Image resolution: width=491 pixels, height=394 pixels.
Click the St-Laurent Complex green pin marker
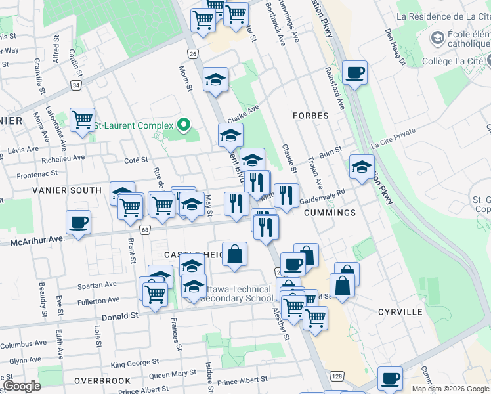tap(184, 125)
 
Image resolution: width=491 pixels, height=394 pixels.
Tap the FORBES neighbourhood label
tap(311, 116)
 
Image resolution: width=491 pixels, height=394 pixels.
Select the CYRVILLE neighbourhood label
tap(400, 311)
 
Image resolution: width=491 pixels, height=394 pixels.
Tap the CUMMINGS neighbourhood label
tap(330, 213)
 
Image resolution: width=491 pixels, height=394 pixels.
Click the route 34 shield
tap(77, 85)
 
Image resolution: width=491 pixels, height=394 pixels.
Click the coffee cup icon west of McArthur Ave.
tap(78, 222)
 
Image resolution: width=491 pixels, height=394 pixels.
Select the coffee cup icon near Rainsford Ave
tap(355, 72)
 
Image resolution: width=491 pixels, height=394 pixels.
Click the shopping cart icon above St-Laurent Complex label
tap(82, 120)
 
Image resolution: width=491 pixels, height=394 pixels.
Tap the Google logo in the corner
tap(22, 387)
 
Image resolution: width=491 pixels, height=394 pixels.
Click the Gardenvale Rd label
tap(322, 196)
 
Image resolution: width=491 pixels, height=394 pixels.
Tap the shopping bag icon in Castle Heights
tap(234, 253)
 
